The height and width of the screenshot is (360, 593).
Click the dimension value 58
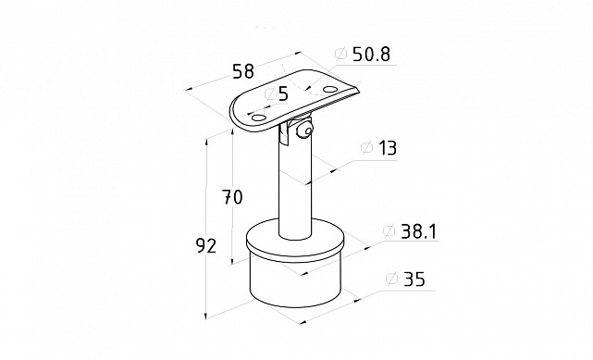coord(243,70)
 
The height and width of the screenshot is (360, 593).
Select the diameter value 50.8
coord(371,55)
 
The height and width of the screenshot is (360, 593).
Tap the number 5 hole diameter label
coord(283,93)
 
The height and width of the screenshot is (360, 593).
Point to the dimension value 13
coord(387,148)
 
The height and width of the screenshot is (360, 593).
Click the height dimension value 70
coord(232,197)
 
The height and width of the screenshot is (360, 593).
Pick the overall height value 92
coord(206,246)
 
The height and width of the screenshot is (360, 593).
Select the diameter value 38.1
coord(418,231)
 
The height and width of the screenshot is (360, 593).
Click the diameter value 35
coord(414,279)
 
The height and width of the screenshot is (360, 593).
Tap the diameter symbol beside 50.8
coord(340,54)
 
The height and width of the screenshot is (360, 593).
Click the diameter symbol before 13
coord(367,147)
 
